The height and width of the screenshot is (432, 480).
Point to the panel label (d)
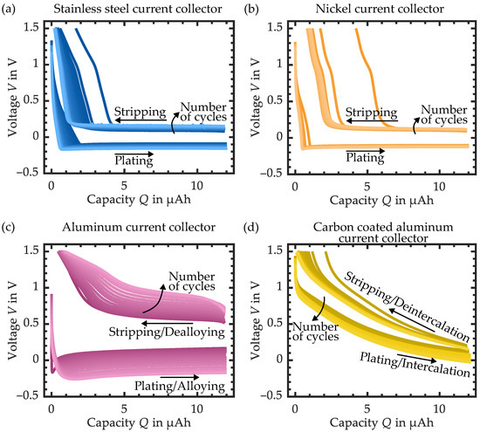(x=255, y=227)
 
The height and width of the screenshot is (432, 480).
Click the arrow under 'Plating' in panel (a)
(x=134, y=152)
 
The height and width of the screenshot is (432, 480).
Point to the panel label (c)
(x=10, y=227)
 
